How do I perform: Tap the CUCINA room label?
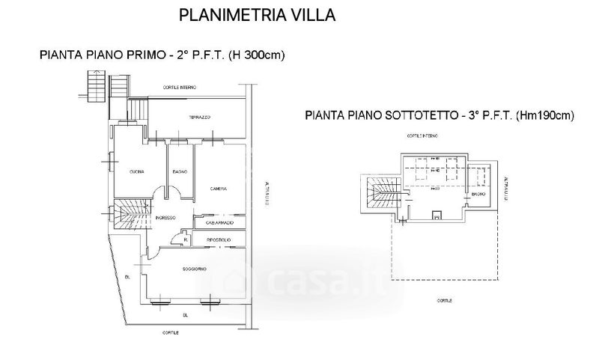point(136,172)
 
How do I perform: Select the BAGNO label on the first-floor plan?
point(180,172)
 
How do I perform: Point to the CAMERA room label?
point(219,188)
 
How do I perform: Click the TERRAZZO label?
point(198,118)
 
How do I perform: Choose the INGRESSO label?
point(165,218)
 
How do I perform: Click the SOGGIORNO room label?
point(194,269)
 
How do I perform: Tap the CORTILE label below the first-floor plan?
point(172,332)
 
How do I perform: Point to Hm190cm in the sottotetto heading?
point(544,116)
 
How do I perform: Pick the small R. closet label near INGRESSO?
point(174,240)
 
